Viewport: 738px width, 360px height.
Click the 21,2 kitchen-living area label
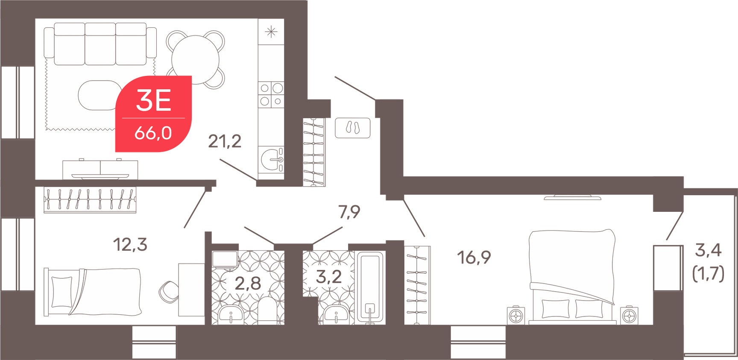pyautogui.click(x=225, y=141)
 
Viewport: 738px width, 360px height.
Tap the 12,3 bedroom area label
pyautogui.click(x=130, y=245)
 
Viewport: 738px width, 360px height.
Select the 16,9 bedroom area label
pyautogui.click(x=474, y=258)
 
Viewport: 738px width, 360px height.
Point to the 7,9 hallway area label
pyautogui.click(x=349, y=212)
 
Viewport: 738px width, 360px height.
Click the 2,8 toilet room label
pyautogui.click(x=248, y=283)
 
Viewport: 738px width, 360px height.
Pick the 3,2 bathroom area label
pyautogui.click(x=328, y=277)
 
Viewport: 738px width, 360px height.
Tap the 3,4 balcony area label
pyautogui.click(x=708, y=250)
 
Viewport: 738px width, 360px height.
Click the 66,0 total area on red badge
pyautogui.click(x=153, y=133)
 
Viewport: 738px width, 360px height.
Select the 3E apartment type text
pyautogui.click(x=153, y=100)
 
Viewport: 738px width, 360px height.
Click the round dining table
pyautogui.click(x=196, y=59)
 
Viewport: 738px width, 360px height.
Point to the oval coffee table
pyautogui.click(x=99, y=95)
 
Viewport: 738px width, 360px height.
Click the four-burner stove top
pyautogui.click(x=271, y=95)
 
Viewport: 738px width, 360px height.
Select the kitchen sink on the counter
pyautogui.click(x=272, y=160)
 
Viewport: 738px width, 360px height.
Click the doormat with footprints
pyautogui.click(x=353, y=128)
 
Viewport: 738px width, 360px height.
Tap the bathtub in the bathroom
pyautogui.click(x=370, y=287)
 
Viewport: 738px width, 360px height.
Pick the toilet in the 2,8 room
pyautogui.click(x=269, y=310)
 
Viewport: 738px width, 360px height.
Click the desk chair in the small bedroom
pyautogui.click(x=169, y=292)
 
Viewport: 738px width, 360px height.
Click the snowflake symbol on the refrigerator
pyautogui.click(x=271, y=32)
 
